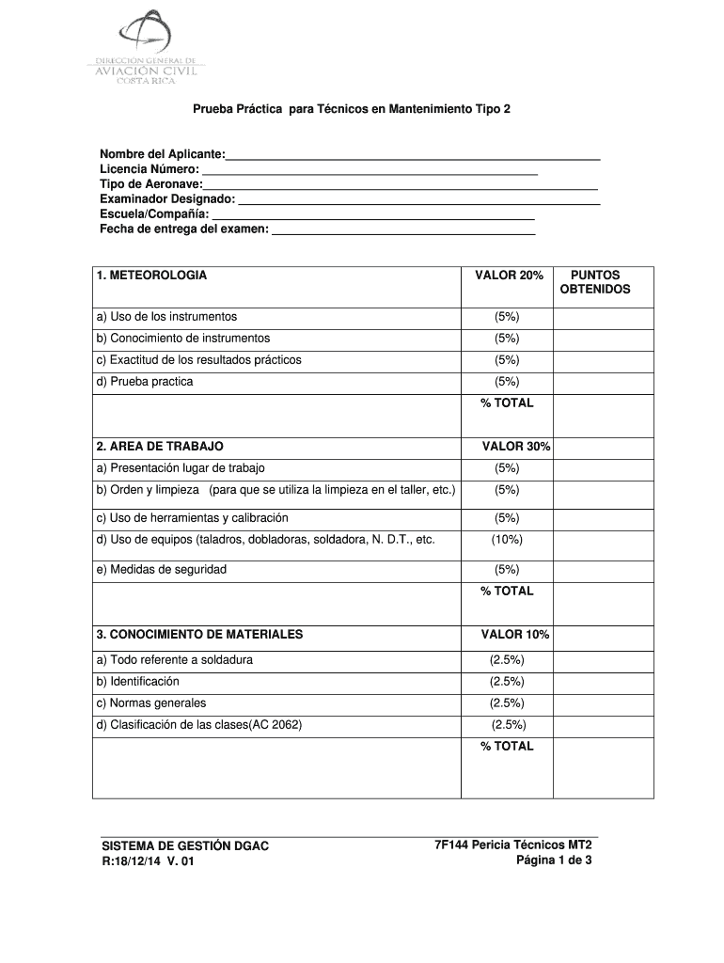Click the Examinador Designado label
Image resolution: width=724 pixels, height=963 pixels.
(x=167, y=199)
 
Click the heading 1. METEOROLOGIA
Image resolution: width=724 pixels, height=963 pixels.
(x=151, y=276)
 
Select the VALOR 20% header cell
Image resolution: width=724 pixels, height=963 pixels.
(x=509, y=276)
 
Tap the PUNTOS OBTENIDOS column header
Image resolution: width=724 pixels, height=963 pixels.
(x=595, y=282)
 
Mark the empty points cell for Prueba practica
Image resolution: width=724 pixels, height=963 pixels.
(x=603, y=382)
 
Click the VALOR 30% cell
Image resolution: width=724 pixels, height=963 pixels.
(x=515, y=446)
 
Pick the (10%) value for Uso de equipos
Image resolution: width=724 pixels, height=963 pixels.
(x=507, y=540)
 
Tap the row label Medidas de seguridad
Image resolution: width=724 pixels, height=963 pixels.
(x=168, y=569)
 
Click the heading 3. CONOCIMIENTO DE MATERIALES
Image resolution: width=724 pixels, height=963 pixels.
(x=199, y=635)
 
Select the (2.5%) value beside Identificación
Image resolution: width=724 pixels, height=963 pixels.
(x=507, y=682)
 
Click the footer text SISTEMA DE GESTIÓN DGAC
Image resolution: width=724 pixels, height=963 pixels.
(x=185, y=846)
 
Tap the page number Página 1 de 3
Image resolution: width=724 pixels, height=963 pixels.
(x=554, y=860)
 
